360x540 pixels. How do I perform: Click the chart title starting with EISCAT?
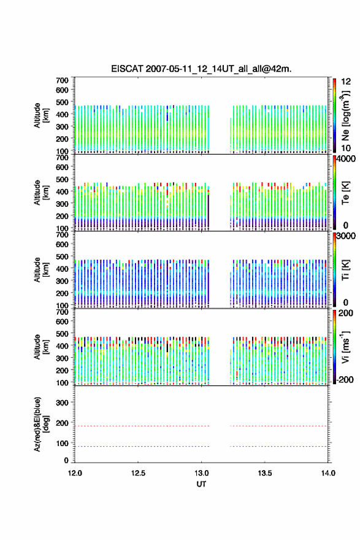click(x=201, y=69)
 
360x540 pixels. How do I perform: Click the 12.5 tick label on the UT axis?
click(x=138, y=473)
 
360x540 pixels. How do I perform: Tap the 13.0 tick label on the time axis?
click(x=201, y=473)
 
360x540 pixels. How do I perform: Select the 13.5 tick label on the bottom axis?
click(x=265, y=473)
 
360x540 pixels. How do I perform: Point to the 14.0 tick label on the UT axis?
click(x=328, y=473)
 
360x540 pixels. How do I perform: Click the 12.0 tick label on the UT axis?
click(x=75, y=473)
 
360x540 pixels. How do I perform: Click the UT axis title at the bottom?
click(x=201, y=484)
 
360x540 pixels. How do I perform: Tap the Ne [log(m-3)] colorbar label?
click(x=345, y=116)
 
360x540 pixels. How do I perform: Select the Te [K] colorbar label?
click(x=345, y=193)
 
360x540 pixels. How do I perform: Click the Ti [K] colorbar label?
click(x=345, y=270)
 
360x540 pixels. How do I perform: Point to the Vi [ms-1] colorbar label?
click(x=345, y=347)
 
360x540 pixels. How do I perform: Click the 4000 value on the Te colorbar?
click(x=346, y=159)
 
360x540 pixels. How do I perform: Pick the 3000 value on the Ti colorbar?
click(x=346, y=236)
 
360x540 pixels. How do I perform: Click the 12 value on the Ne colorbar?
click(x=346, y=82)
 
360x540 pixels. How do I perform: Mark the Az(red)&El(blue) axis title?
click(x=40, y=424)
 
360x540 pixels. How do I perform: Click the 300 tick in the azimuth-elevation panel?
click(x=62, y=403)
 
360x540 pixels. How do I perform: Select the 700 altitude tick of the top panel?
click(x=62, y=80)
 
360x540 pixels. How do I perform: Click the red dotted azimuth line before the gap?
click(x=142, y=426)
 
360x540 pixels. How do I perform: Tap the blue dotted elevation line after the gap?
click(x=279, y=447)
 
